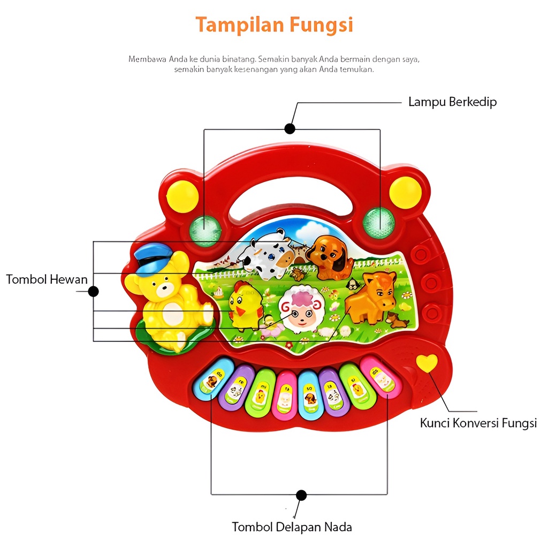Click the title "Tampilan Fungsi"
[x=274, y=25]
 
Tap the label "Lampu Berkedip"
[x=452, y=102]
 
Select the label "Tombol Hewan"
[x=47, y=279]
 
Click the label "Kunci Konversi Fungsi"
[x=478, y=423]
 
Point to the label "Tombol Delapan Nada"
[x=292, y=527]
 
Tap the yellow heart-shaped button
[x=427, y=363]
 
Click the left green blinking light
[x=205, y=229]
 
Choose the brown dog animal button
[x=328, y=257]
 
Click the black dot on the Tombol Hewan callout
[x=93, y=292]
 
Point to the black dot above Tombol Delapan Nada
[x=301, y=495]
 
